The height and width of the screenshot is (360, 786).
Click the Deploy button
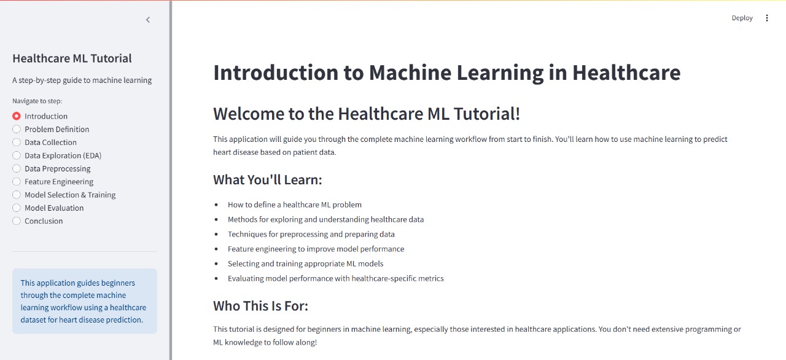pyautogui.click(x=742, y=18)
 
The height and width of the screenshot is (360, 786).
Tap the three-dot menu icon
pyautogui.click(x=767, y=18)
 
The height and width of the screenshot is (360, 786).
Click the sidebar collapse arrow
pyautogui.click(x=148, y=20)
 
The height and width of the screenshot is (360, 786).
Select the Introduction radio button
pyautogui.click(x=17, y=116)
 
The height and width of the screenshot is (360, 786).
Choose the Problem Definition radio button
pyautogui.click(x=17, y=129)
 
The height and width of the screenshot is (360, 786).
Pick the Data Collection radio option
pyautogui.click(x=17, y=142)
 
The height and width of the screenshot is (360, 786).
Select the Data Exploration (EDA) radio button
pyautogui.click(x=17, y=155)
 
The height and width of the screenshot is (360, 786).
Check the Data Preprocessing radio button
pyautogui.click(x=17, y=168)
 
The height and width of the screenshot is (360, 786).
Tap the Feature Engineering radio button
pyautogui.click(x=17, y=181)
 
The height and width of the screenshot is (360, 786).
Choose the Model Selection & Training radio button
pyautogui.click(x=17, y=195)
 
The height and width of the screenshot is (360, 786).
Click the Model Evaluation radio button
pyautogui.click(x=17, y=208)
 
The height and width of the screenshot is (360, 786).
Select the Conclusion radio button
pyautogui.click(x=17, y=221)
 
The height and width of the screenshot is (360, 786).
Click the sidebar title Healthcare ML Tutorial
pyautogui.click(x=72, y=58)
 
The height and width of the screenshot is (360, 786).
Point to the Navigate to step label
pyautogui.click(x=37, y=101)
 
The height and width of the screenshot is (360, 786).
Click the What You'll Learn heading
pyautogui.click(x=267, y=179)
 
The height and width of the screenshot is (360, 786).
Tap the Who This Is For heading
pyautogui.click(x=260, y=306)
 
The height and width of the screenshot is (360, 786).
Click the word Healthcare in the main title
pyautogui.click(x=626, y=72)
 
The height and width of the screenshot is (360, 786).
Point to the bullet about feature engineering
pyautogui.click(x=316, y=249)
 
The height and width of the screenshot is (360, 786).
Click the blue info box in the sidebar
pyautogui.click(x=85, y=301)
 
